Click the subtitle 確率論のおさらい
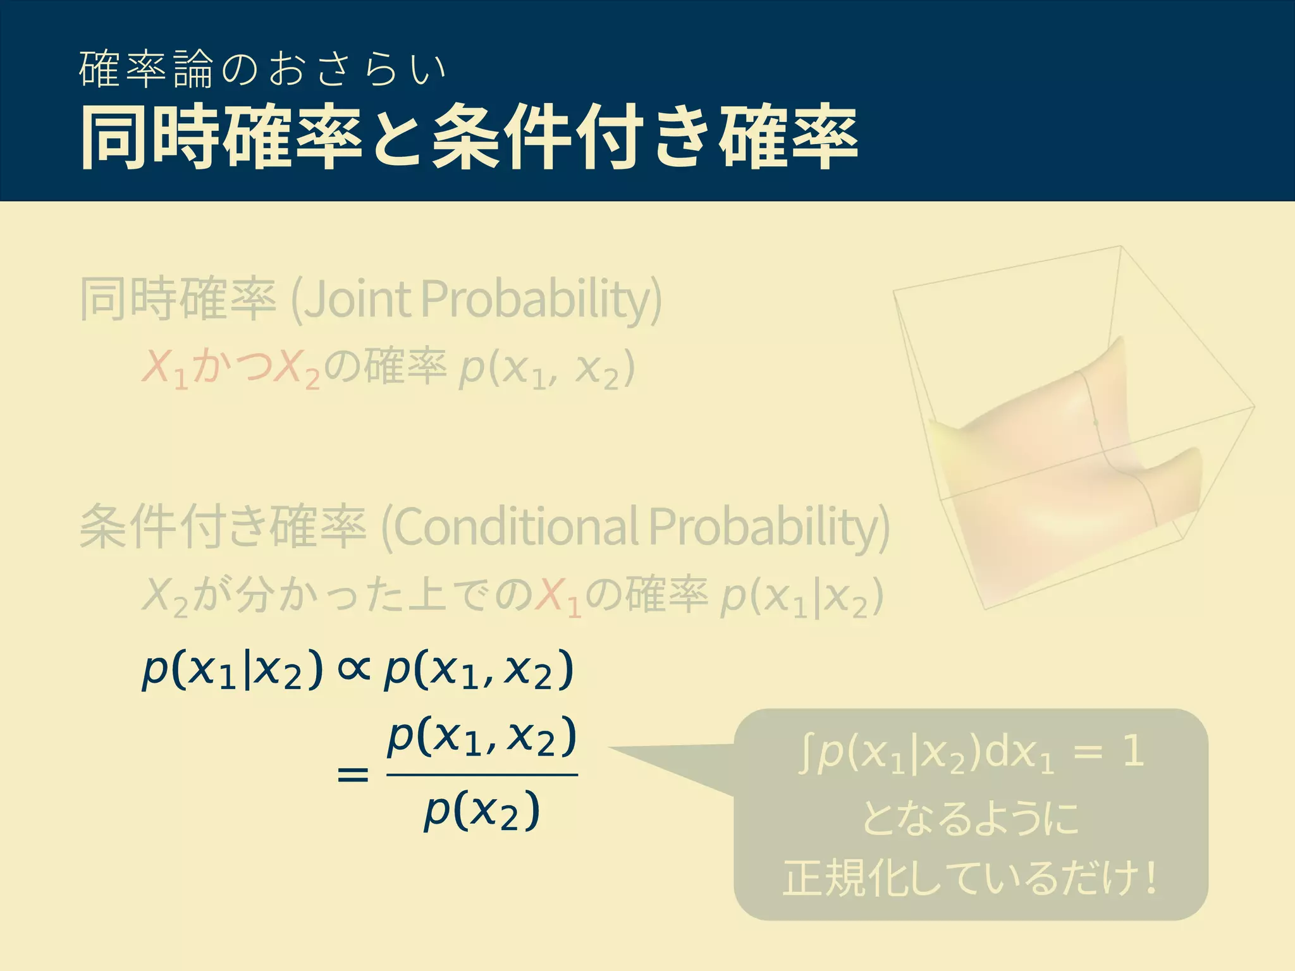(262, 70)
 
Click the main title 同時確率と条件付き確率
(468, 138)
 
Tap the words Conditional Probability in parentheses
(635, 527)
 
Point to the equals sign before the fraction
(353, 774)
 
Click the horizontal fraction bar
(482, 774)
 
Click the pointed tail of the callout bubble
(617, 750)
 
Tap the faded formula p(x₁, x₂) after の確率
(546, 369)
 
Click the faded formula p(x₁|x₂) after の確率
(802, 597)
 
